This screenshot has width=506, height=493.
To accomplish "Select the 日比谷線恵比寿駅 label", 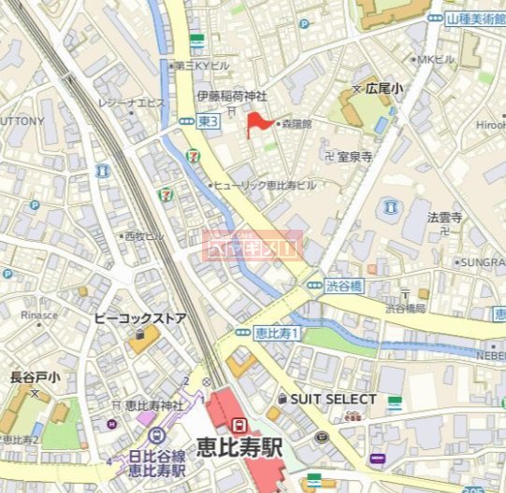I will [156, 463].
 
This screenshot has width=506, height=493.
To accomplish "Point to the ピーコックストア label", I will [140, 318].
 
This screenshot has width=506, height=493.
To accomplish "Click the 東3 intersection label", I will [208, 121].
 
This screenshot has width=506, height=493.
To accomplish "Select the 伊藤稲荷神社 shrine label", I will [231, 96].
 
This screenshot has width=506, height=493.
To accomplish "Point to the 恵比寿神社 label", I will [154, 405].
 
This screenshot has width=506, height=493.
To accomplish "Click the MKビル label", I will [437, 60].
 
